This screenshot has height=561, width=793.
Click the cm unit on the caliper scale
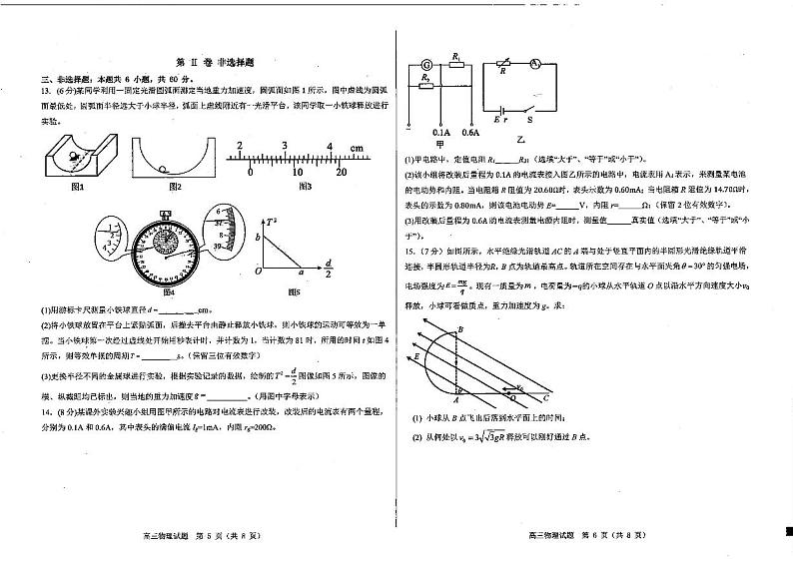click(x=356, y=148)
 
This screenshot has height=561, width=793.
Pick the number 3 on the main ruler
click(x=285, y=147)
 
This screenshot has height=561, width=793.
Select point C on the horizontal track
click(x=544, y=398)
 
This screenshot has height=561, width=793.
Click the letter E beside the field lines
click(x=416, y=356)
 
